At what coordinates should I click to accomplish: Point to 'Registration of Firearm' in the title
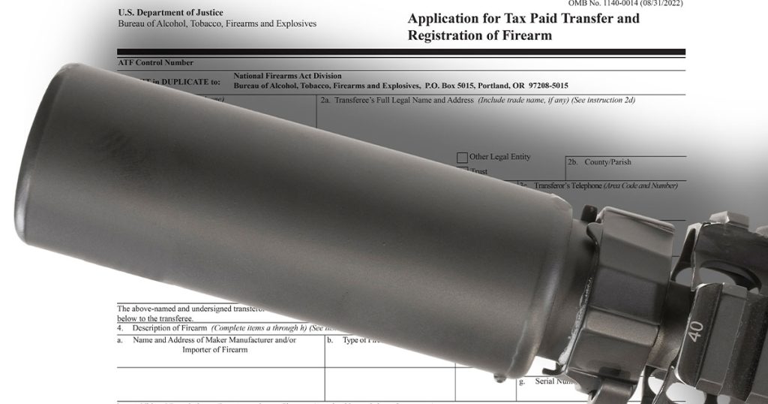click(x=479, y=35)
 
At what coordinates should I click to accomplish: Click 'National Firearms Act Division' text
click(x=287, y=76)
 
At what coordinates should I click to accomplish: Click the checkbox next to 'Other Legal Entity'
click(x=462, y=158)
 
